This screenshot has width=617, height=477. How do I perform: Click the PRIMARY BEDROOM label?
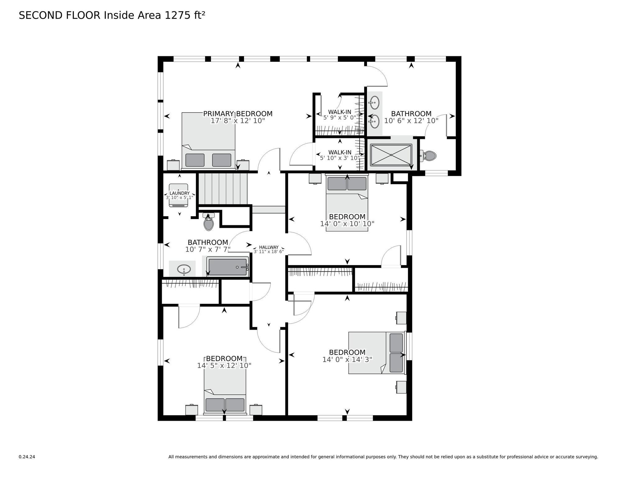[238, 114]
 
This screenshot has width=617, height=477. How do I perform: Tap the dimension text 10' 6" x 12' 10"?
[411, 121]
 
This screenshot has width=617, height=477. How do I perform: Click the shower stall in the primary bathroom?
[391, 155]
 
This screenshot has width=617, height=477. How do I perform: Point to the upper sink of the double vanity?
[374, 102]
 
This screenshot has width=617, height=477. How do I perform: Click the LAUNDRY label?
[179, 193]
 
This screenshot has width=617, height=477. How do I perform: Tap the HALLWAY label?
[269, 247]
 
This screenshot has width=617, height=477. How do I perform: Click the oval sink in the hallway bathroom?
[184, 269]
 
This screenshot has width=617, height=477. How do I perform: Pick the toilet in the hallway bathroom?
[209, 222]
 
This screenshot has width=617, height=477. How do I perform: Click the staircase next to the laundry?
[223, 189]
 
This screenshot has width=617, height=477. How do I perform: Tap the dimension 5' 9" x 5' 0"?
[339, 118]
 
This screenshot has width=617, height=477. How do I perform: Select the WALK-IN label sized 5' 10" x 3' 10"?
[340, 152]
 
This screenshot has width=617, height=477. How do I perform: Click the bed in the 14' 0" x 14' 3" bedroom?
[377, 353]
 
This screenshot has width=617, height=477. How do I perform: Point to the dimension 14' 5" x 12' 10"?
[224, 366]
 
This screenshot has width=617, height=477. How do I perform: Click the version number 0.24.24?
[27, 457]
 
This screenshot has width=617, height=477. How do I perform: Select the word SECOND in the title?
[41, 15]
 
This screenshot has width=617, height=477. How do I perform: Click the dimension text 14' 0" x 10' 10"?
[347, 224]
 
